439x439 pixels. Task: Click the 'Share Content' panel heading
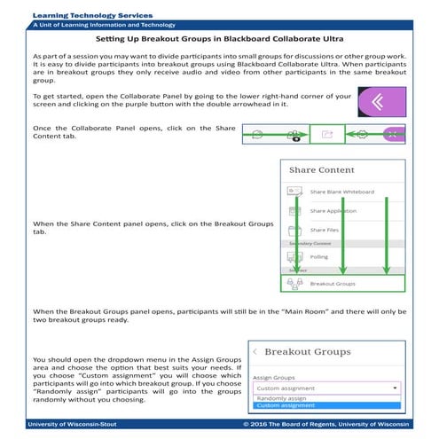pos(322,169)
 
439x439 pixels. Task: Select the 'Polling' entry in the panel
pos(318,256)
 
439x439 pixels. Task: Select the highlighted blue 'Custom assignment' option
pos(280,406)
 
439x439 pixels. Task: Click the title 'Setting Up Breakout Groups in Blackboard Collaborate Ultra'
pos(219,40)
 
